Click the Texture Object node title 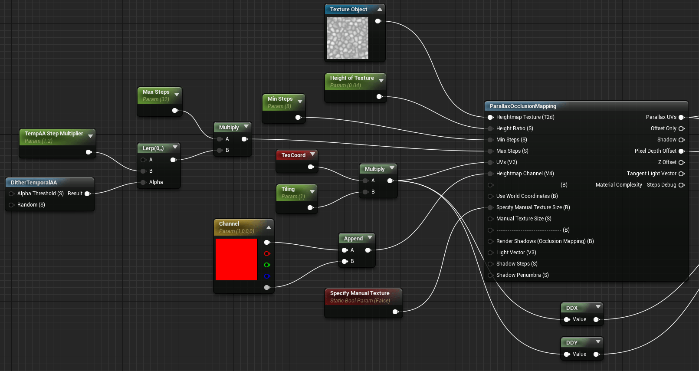click(x=348, y=10)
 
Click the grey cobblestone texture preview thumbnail click(x=348, y=38)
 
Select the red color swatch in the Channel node click(x=236, y=259)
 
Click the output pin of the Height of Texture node click(x=379, y=97)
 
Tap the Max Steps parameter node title click(x=156, y=92)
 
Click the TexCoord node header click(x=293, y=155)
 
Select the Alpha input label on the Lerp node click(x=156, y=182)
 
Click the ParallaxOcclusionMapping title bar click(x=523, y=106)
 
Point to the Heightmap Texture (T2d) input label click(x=525, y=117)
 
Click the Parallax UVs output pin click(x=681, y=117)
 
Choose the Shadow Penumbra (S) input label click(x=522, y=275)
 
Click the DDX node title click(x=572, y=308)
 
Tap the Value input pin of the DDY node click(x=567, y=354)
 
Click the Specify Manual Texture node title click(x=360, y=293)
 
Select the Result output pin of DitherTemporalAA click(x=87, y=194)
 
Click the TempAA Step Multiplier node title click(x=54, y=134)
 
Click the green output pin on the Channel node click(x=267, y=265)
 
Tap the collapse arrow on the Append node click(x=370, y=238)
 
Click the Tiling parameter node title click(x=288, y=189)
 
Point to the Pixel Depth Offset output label click(x=655, y=151)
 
